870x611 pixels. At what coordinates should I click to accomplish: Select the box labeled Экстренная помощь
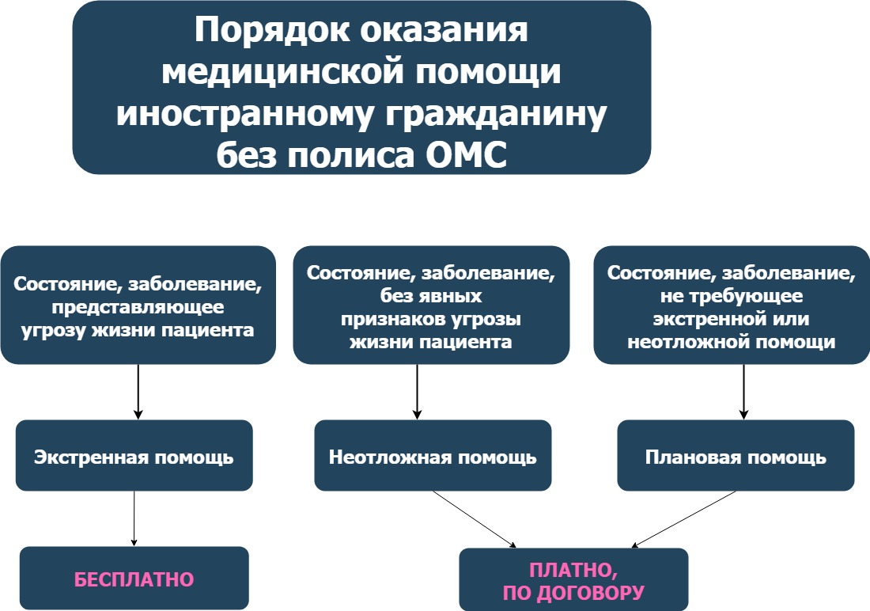(134, 457)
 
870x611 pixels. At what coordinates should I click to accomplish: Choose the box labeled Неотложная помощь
(433, 457)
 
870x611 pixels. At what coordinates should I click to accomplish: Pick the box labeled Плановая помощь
(736, 457)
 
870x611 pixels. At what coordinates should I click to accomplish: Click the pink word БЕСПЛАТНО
(134, 579)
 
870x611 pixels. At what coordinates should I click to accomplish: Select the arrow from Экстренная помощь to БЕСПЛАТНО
(134, 518)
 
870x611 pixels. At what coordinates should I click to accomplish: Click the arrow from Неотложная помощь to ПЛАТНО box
(475, 518)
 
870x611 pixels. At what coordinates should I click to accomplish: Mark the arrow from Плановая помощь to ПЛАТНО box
(684, 518)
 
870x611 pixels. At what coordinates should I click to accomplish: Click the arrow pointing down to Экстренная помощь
(138, 391)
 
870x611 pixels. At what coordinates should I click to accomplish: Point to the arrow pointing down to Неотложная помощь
(417, 391)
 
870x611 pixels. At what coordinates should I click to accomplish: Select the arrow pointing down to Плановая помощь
(743, 391)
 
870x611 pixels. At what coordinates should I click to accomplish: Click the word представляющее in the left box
(138, 307)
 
